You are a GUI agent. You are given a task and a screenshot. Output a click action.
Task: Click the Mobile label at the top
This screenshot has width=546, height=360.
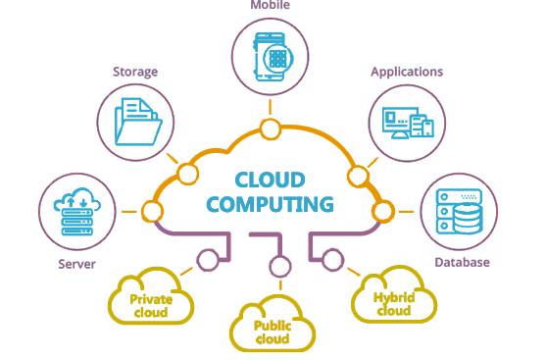[269, 6]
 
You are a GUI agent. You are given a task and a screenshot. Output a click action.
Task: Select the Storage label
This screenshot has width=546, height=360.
[135, 72]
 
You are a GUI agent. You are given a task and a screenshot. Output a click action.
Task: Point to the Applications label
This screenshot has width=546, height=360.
[407, 72]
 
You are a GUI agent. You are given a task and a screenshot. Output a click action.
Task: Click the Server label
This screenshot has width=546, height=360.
[75, 263]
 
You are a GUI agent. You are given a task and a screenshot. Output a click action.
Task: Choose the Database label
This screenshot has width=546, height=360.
[462, 262]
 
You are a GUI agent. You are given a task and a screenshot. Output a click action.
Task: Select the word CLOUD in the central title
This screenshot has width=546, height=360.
[270, 180]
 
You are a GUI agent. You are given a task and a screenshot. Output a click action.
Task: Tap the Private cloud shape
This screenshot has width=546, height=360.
[150, 297]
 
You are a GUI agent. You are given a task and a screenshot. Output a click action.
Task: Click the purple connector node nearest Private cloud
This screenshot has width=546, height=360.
[207, 260]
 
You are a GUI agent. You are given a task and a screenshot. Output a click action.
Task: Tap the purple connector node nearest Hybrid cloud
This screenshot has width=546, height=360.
[332, 260]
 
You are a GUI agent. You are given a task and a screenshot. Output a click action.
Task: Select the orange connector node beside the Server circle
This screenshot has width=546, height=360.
[151, 211]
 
